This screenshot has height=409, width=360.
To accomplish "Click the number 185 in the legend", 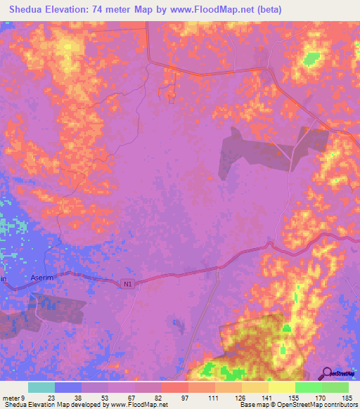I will [x=347, y=396].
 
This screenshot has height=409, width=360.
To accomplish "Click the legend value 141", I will [x=267, y=396].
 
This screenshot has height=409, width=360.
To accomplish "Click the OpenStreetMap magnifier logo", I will [x=326, y=373].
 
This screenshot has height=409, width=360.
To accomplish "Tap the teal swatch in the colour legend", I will [x=41, y=387].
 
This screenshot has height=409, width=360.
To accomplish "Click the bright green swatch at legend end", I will [x=335, y=387].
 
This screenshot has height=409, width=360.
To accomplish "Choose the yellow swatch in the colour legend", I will [x=282, y=387].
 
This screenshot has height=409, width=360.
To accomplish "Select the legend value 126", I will [x=240, y=396].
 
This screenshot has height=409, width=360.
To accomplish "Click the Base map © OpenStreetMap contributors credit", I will [x=297, y=405].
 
